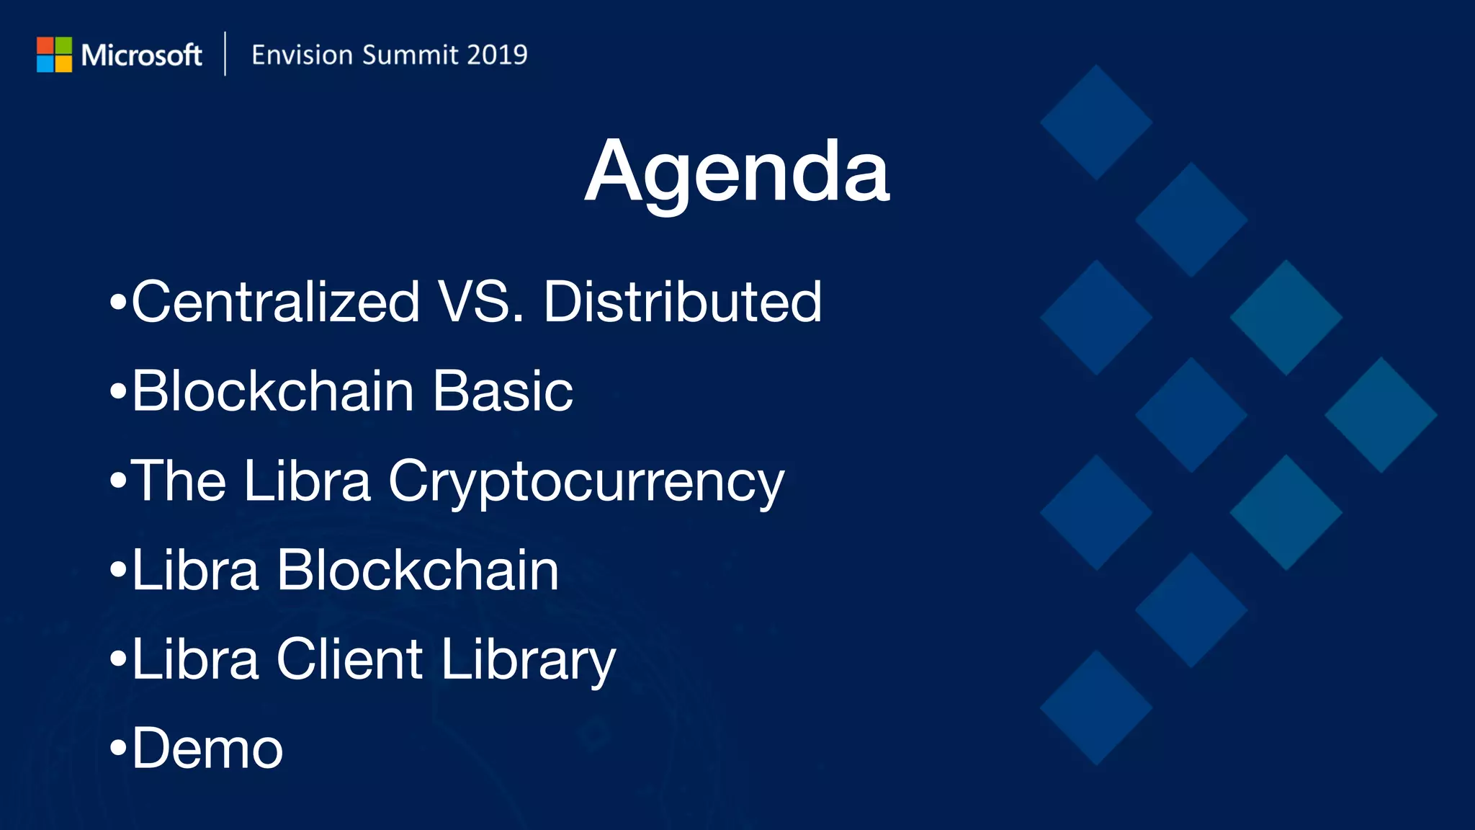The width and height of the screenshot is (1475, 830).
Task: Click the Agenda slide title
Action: click(737, 173)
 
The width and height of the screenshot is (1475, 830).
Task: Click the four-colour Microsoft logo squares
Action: click(54, 55)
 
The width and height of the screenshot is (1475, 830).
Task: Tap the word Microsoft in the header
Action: click(141, 55)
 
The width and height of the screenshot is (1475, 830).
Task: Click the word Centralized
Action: click(275, 301)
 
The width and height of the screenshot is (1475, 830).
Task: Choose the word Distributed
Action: click(682, 301)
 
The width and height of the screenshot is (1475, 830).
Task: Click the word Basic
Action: click(502, 391)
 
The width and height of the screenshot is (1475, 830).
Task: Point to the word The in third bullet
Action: click(178, 481)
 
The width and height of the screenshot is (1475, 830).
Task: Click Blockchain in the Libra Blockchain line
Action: click(418, 570)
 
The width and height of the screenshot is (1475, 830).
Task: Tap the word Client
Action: click(349, 659)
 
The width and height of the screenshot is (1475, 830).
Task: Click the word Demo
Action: click(207, 749)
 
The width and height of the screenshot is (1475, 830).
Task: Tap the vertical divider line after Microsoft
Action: click(225, 54)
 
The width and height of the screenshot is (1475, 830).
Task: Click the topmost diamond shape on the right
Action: click(1096, 122)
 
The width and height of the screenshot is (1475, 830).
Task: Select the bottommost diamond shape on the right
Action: click(1096, 708)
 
